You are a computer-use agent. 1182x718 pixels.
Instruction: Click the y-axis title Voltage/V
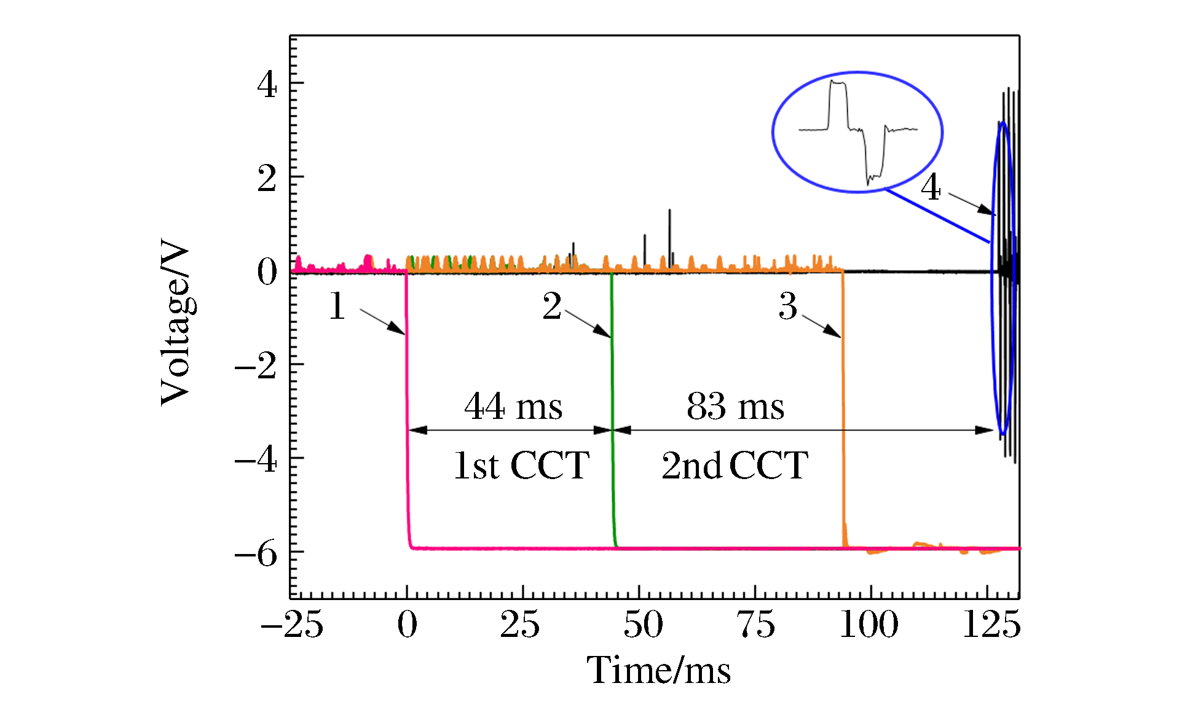176,323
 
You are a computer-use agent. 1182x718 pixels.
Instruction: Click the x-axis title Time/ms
659,669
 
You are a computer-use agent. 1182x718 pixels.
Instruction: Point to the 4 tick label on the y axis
267,84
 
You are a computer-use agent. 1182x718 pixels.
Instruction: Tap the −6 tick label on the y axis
256,554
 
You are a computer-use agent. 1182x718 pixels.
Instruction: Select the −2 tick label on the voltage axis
256,366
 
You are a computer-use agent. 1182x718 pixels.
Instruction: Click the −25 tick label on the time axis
292,625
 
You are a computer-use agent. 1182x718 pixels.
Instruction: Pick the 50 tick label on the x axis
643,625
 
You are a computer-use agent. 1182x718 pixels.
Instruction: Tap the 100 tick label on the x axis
869,625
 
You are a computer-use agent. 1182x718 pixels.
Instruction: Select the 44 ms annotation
513,407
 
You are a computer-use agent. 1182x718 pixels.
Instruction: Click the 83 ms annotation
735,407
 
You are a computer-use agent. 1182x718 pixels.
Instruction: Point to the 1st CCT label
521,466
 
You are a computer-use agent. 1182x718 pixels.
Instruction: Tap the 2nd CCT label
735,466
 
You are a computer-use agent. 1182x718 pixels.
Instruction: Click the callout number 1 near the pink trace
337,306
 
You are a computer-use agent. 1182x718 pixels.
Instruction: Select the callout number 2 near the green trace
552,306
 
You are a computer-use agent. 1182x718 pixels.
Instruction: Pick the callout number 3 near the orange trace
788,306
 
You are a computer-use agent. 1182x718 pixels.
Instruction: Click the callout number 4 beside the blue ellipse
931,187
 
